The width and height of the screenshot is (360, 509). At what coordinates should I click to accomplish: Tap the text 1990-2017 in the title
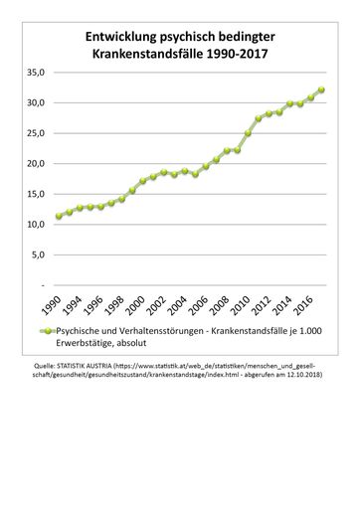pyautogui.click(x=239, y=53)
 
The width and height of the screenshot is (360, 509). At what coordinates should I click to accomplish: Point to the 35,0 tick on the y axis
pyautogui.click(x=36, y=74)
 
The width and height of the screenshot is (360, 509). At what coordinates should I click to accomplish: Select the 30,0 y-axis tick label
pyautogui.click(x=36, y=103)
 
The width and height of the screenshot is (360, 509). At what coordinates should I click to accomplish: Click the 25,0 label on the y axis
pyautogui.click(x=36, y=133)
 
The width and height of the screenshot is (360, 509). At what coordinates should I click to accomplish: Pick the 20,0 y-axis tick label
pyautogui.click(x=36, y=164)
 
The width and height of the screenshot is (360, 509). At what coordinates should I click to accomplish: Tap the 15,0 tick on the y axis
pyautogui.click(x=36, y=194)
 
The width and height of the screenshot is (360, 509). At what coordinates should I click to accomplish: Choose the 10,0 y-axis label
pyautogui.click(x=36, y=225)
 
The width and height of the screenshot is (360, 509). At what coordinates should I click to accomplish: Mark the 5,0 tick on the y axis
pyautogui.click(x=38, y=254)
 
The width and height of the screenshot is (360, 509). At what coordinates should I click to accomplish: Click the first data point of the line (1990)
pyautogui.click(x=59, y=216)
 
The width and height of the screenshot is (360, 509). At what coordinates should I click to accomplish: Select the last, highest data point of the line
pyautogui.click(x=320, y=89)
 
